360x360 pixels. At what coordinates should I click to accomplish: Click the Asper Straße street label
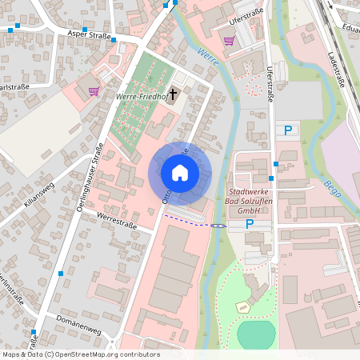(x=89, y=35)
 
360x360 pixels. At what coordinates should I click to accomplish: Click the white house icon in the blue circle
(x=180, y=173)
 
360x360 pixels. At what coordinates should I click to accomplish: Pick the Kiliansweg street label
(x=38, y=194)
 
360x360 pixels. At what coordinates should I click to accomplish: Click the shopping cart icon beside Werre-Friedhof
(x=94, y=91)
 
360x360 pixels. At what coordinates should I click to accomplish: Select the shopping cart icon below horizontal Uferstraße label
(x=229, y=41)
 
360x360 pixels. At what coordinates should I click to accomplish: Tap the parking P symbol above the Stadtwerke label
(x=288, y=130)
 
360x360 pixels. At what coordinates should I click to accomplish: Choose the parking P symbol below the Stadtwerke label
(x=250, y=224)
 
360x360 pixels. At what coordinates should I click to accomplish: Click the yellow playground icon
(x=242, y=306)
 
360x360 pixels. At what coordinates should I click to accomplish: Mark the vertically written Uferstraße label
(x=270, y=85)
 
